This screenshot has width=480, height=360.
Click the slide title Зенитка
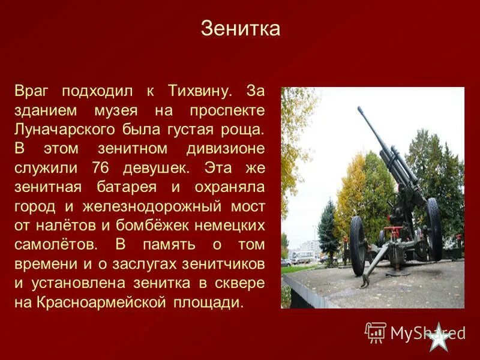click(x=240, y=29)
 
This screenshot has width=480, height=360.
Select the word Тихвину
click(x=200, y=91)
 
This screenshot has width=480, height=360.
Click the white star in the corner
click(x=440, y=337)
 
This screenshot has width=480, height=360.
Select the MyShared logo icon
click(x=376, y=332)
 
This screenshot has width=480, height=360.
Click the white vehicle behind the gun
click(x=303, y=258)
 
